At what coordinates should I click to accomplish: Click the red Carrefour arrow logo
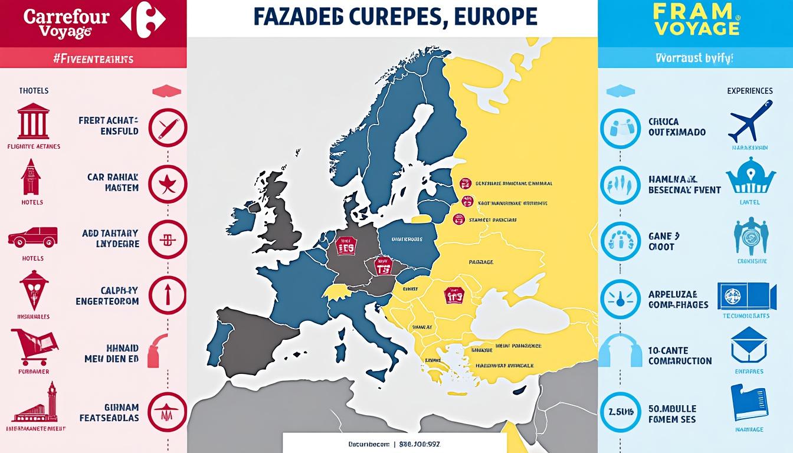point(143,19)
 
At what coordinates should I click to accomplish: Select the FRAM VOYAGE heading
point(696,19)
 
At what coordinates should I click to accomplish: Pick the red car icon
point(32,237)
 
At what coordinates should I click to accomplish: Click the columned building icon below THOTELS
point(33,120)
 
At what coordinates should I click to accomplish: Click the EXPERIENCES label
point(749,91)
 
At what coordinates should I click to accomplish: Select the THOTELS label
point(34,91)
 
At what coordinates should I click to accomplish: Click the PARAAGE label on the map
point(480,262)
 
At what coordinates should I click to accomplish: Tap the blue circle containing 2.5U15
point(620,412)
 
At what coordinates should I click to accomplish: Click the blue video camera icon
point(746,296)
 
